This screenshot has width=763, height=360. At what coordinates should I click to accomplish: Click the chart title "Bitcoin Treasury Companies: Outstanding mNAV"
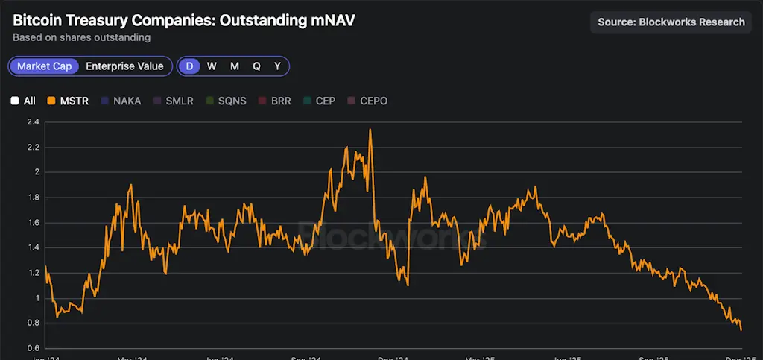(x=183, y=20)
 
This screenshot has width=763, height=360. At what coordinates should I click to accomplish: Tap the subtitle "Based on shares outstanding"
(x=81, y=37)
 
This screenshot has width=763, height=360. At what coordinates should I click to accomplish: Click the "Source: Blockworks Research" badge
(x=671, y=22)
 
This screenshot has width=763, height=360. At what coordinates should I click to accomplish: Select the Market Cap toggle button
(x=45, y=66)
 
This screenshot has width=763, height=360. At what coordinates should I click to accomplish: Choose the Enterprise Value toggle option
(x=124, y=66)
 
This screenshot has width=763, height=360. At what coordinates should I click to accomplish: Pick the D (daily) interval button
(x=189, y=66)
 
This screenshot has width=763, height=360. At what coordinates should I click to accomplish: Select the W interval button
(x=212, y=66)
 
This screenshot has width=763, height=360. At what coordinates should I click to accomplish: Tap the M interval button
(x=234, y=66)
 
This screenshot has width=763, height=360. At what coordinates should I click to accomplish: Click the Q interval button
(x=256, y=66)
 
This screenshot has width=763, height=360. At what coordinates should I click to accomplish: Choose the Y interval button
(x=277, y=66)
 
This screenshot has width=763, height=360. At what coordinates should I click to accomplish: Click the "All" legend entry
(x=24, y=101)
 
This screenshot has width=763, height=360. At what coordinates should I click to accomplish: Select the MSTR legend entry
(x=68, y=101)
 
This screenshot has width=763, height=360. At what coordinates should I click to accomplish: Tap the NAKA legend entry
(x=121, y=101)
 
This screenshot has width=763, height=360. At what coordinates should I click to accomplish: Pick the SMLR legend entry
(x=174, y=101)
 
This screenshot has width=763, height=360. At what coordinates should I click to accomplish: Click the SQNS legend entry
(x=227, y=101)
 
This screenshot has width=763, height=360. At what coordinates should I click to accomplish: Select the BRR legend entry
(x=275, y=101)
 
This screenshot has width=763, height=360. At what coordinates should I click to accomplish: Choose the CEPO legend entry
(x=367, y=101)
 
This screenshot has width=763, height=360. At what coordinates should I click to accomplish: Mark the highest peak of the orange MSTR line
(x=370, y=130)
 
